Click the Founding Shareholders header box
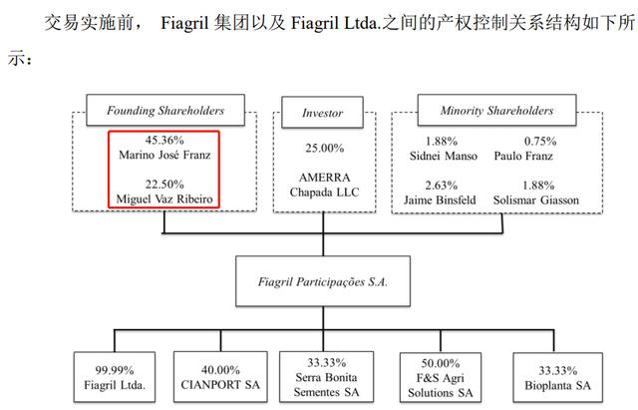coord(165,110)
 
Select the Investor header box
coord(323,113)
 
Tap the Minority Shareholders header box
coord(496,110)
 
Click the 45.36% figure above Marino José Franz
coord(164,140)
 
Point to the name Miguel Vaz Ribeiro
coord(164,200)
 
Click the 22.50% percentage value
coord(164,184)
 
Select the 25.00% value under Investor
coord(325,148)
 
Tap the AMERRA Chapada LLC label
coord(325,185)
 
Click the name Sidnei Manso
coord(444,156)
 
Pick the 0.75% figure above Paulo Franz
coord(540,142)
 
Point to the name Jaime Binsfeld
coord(440,200)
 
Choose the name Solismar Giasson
coord(536,200)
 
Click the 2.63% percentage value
coord(442,186)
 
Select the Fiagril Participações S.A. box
coord(323,281)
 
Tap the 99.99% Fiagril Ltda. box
coord(115,377)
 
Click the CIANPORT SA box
coord(220,377)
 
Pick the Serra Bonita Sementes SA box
coord(326,377)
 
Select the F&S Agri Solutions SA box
coord(441,378)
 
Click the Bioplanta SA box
coord(558,378)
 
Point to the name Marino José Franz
coord(164,156)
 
